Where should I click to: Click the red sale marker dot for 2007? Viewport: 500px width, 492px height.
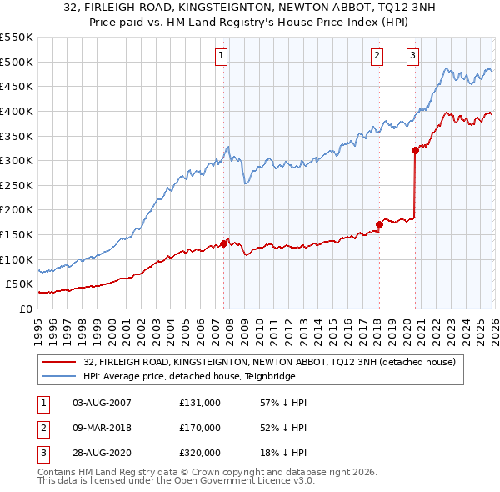223,244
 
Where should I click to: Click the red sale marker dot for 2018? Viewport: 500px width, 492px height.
379,224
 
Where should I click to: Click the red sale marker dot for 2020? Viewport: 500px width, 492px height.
415,151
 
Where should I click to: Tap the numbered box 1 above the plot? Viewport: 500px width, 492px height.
222,56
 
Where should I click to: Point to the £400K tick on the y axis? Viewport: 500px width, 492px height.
17,111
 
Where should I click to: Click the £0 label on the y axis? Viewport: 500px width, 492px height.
25,309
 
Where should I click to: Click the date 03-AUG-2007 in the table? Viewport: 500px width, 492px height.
102,403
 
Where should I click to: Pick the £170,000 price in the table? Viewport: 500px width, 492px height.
199,428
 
